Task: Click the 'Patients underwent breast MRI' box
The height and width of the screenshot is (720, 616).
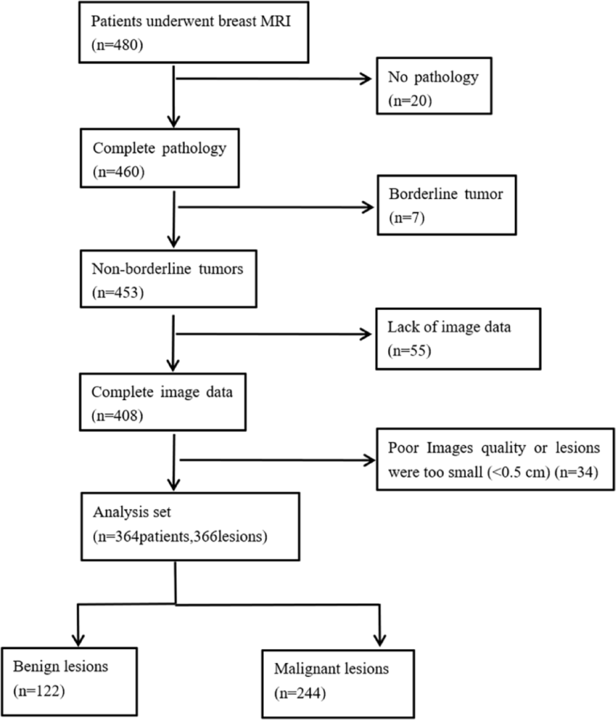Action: click(x=194, y=33)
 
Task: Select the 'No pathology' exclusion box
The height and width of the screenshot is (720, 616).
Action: click(x=434, y=86)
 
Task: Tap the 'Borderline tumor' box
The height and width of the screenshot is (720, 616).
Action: click(x=446, y=205)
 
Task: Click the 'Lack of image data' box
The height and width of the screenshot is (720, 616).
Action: click(x=458, y=338)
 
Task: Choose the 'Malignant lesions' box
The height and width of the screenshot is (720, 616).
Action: click(x=338, y=683)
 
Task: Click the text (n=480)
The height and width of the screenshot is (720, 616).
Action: click(x=117, y=45)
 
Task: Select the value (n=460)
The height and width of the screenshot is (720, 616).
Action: click(x=119, y=172)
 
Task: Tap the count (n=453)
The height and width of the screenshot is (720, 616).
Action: click(x=118, y=293)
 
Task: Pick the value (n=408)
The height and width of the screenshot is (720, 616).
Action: click(x=117, y=416)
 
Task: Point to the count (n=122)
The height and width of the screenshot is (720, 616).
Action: click(x=39, y=690)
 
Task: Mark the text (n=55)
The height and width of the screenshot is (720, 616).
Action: click(x=409, y=351)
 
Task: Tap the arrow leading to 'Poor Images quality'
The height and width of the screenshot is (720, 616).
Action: click(x=276, y=461)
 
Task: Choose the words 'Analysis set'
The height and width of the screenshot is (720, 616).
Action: click(x=132, y=512)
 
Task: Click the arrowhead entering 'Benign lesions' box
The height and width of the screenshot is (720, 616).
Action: click(x=78, y=640)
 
